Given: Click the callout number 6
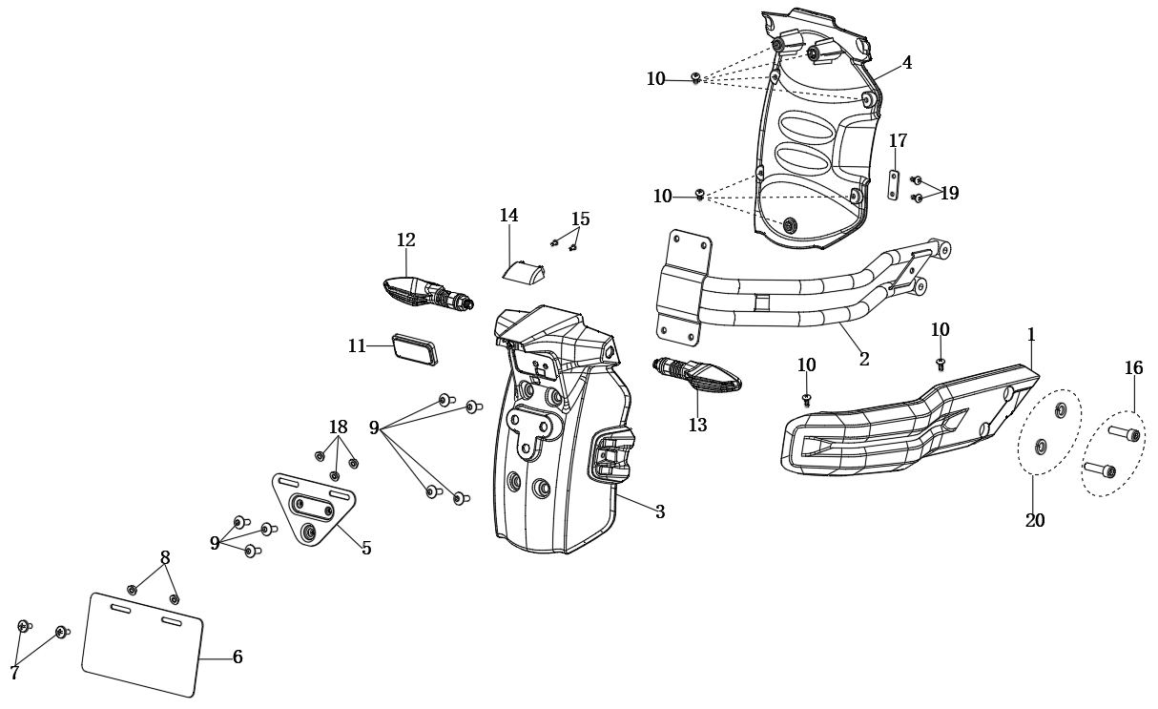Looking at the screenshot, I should [238, 657].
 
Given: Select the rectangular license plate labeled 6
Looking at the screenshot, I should [143, 644].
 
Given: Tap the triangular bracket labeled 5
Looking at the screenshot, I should [314, 509].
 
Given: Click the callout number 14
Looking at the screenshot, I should [508, 216].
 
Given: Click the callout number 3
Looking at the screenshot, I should [660, 512].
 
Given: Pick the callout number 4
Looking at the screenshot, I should [907, 63].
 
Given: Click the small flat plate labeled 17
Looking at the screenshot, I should [894, 185].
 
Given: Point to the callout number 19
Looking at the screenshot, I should [949, 194].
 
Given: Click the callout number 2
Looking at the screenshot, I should [864, 360].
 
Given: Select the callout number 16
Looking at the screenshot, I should [1133, 368].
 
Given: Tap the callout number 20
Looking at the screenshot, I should [1035, 521].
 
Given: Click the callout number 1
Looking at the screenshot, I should [1031, 335].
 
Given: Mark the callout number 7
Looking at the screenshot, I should [14, 674].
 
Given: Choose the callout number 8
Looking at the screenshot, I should [165, 557].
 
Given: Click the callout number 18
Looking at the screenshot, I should [338, 427].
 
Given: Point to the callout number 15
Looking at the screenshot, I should [580, 219].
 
